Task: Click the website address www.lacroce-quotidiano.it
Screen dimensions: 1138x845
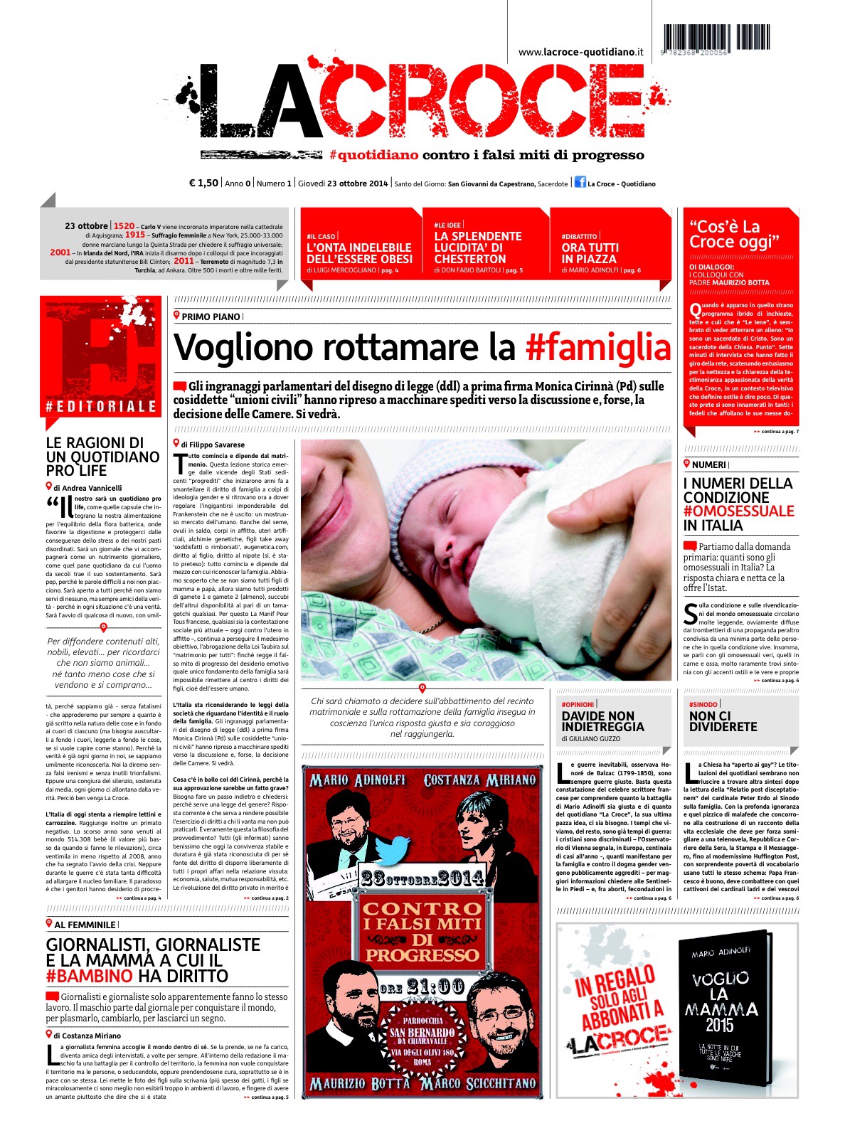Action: click(580, 52)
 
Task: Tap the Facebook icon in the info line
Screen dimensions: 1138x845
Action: click(579, 184)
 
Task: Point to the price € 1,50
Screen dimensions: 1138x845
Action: click(203, 184)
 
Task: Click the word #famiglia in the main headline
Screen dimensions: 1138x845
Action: click(598, 348)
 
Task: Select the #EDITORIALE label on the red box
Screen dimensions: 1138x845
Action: click(100, 407)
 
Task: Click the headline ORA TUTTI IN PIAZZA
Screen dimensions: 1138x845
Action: click(590, 253)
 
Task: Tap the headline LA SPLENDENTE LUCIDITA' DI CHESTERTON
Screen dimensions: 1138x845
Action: click(478, 248)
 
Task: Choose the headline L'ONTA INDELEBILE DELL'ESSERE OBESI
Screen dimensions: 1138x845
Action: click(359, 253)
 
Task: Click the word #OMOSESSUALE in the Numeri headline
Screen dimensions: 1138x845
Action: click(738, 511)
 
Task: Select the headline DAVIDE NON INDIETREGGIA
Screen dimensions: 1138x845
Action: click(602, 721)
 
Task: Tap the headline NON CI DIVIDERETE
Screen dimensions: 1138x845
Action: click(723, 721)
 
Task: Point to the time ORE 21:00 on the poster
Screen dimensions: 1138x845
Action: click(422, 987)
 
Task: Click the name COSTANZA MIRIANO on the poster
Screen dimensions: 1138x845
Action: click(479, 780)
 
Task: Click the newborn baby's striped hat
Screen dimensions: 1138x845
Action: click(427, 484)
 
